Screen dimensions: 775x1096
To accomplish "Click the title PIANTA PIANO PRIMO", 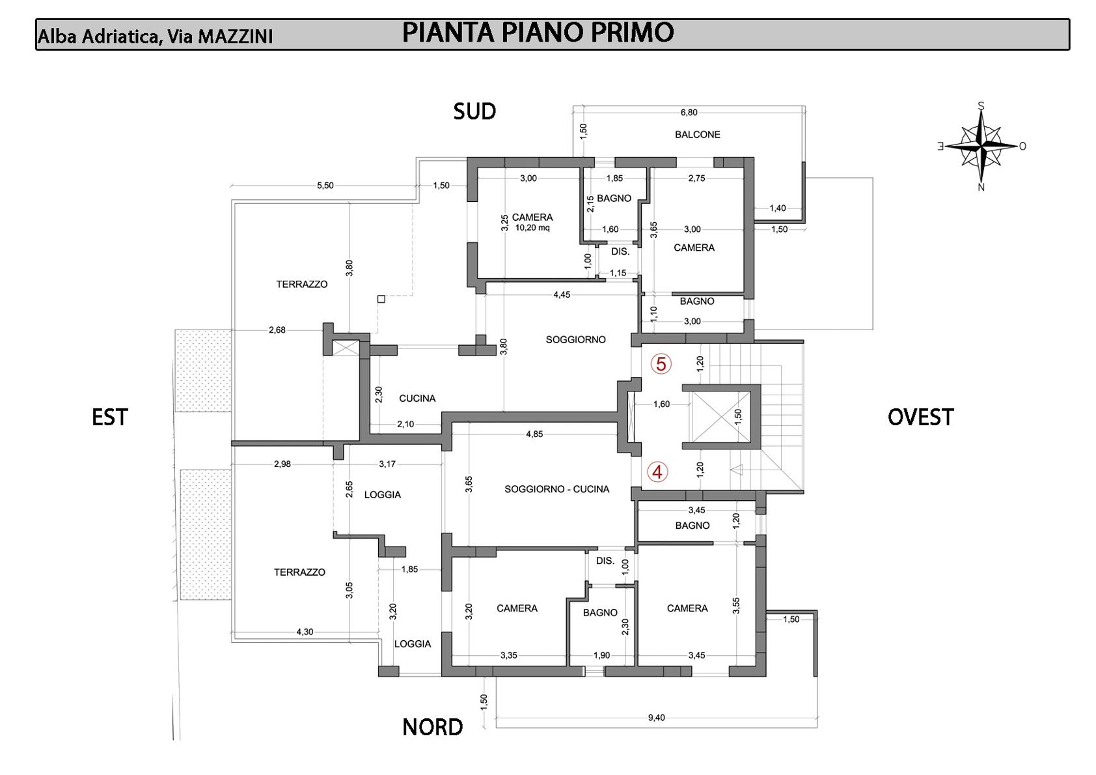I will click(x=538, y=33).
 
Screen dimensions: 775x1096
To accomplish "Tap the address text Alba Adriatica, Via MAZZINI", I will click(x=155, y=36).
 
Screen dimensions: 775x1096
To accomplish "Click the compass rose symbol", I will click(x=981, y=146).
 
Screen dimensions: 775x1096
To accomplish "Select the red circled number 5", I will click(x=661, y=364).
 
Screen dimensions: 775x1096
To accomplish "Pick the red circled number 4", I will click(x=657, y=472).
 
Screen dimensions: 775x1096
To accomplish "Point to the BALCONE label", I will click(x=697, y=135).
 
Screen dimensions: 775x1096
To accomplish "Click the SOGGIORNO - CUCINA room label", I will click(x=556, y=489).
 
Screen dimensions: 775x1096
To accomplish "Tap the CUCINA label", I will click(x=417, y=399).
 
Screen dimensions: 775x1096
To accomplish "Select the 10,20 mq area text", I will click(x=532, y=229).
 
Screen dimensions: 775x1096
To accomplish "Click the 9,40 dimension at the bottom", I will click(x=656, y=718).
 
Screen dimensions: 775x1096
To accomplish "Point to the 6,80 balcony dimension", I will click(x=689, y=113).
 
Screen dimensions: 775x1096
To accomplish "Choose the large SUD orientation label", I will click(x=474, y=112).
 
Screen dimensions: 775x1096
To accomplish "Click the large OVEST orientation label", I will click(x=920, y=417).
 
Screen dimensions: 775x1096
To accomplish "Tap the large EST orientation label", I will click(x=110, y=417).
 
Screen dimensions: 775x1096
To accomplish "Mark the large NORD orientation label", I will click(x=432, y=727).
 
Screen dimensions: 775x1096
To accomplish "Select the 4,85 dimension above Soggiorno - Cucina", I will click(x=534, y=434).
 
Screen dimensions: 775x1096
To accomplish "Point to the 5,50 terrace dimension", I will click(x=325, y=186).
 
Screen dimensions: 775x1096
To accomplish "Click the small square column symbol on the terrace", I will click(x=381, y=300).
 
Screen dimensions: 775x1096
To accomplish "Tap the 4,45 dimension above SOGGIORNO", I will click(x=561, y=295).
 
